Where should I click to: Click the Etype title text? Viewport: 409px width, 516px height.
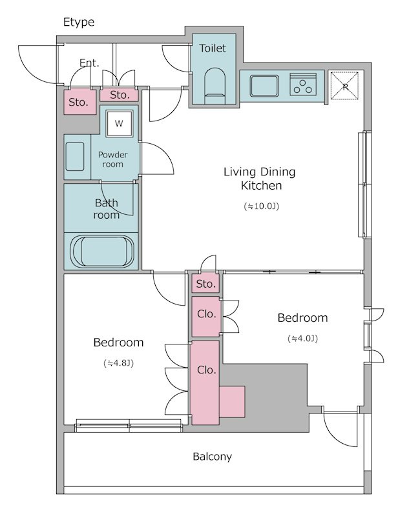(x=78, y=23)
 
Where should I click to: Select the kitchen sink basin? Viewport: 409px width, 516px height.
(x=264, y=86)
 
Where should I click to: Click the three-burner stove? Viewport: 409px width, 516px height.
(x=303, y=84)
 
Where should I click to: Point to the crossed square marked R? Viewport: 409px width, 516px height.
(x=344, y=85)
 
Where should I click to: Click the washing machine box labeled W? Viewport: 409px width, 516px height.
(x=119, y=123)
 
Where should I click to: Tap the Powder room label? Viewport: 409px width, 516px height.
(x=112, y=159)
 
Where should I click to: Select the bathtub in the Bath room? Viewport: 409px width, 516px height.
(x=102, y=251)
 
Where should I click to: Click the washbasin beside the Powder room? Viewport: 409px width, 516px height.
(x=75, y=156)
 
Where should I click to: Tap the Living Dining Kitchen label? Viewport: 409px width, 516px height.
(x=260, y=179)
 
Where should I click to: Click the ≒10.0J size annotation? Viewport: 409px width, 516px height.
(x=261, y=206)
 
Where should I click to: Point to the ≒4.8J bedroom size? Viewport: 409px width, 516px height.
(x=118, y=363)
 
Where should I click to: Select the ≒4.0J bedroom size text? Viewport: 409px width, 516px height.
(x=302, y=339)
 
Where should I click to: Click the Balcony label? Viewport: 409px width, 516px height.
(x=212, y=457)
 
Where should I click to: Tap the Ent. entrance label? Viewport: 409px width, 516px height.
(x=89, y=63)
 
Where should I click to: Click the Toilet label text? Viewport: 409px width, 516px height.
(x=213, y=48)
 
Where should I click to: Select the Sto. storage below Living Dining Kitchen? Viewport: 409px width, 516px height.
(x=206, y=283)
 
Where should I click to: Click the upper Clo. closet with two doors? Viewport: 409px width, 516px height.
(x=206, y=317)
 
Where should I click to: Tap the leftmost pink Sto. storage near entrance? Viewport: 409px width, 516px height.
(x=80, y=102)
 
